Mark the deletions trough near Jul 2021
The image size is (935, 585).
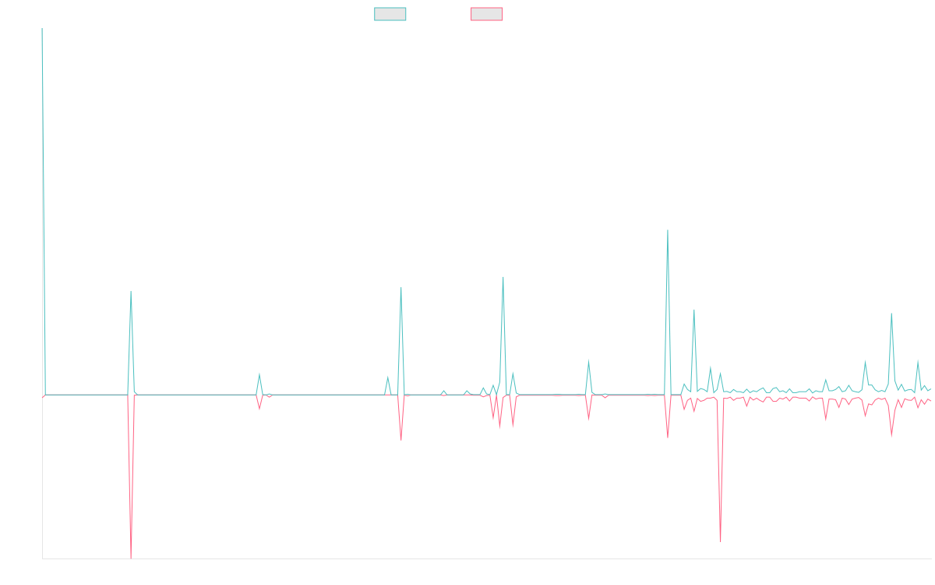coord(131,557)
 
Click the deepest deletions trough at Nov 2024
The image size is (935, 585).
coord(720,541)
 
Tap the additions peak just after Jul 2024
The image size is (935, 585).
coord(668,230)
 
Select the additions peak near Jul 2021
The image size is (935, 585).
coord(131,292)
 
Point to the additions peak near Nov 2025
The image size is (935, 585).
coord(891,314)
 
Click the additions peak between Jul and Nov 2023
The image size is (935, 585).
coord(503,278)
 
